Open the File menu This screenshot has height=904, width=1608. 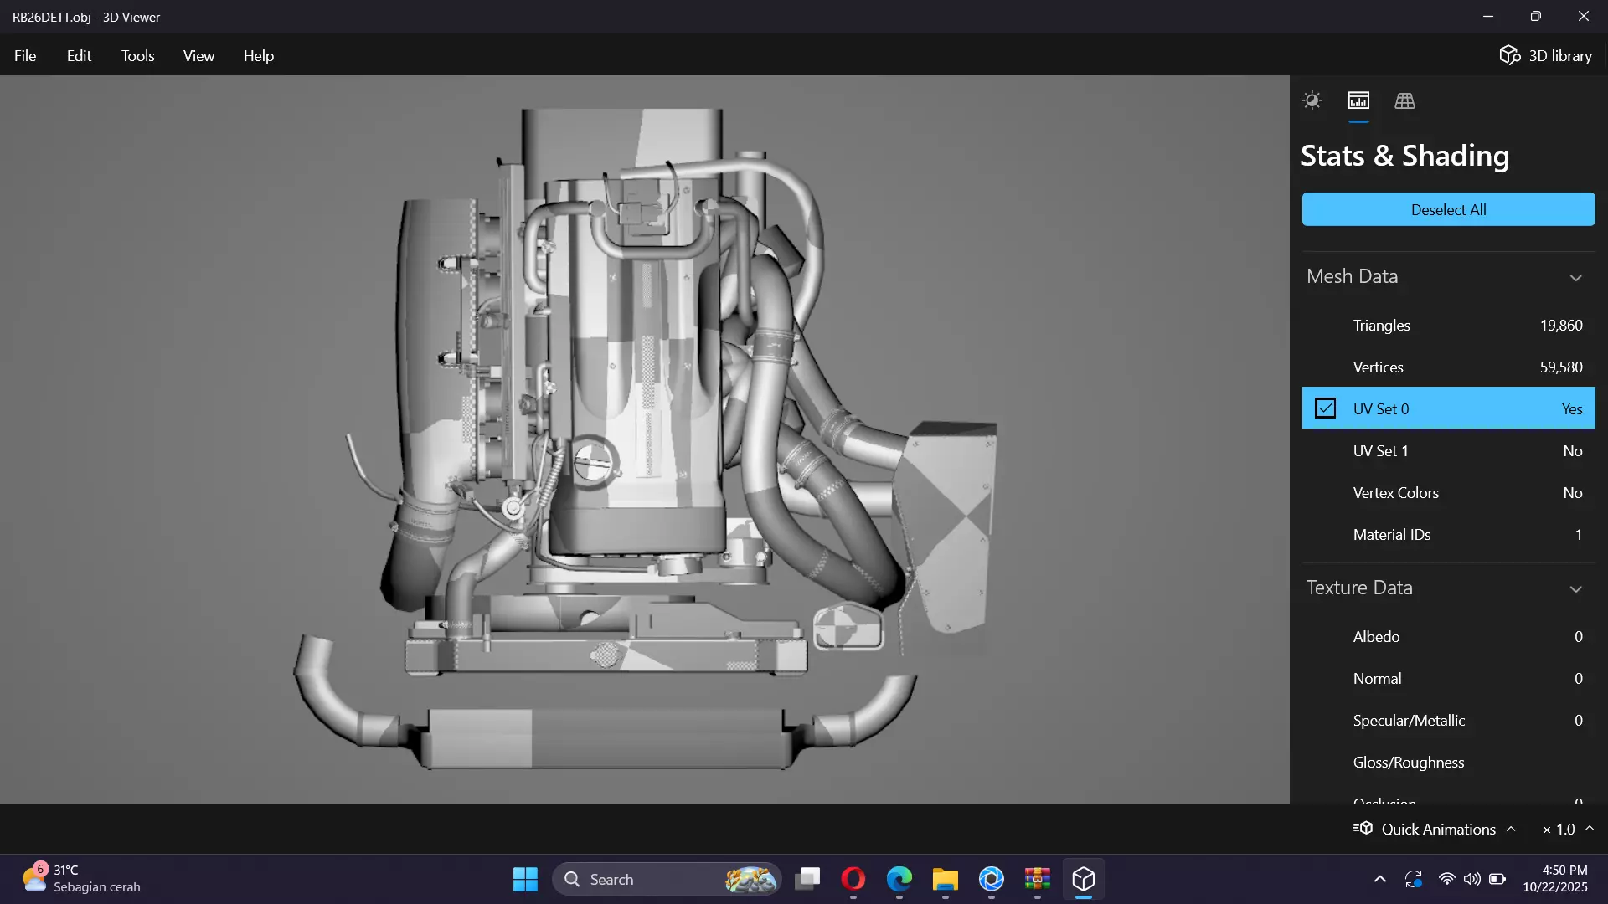pos(25,56)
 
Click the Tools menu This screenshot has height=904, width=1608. pos(137,56)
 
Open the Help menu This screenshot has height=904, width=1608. pos(258,56)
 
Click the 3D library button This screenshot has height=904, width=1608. pos(1545,56)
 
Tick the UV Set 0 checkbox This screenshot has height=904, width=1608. pos(1325,408)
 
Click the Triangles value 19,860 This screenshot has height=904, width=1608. pos(1560,326)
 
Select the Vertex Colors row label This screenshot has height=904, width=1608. pos(1395,493)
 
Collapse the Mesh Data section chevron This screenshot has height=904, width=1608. pos(1575,278)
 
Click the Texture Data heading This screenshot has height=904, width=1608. pos(1359,588)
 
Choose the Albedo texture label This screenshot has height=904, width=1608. pos(1376,637)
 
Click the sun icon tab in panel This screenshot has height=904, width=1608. pos(1312,101)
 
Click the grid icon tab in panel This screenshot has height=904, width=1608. pos(1404,101)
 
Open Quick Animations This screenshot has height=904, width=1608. pos(1437,829)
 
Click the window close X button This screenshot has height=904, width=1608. pos(1583,17)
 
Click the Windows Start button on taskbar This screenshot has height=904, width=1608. pos(525,879)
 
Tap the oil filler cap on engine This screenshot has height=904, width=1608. pos(594,461)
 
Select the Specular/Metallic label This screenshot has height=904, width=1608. pos(1409,721)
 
